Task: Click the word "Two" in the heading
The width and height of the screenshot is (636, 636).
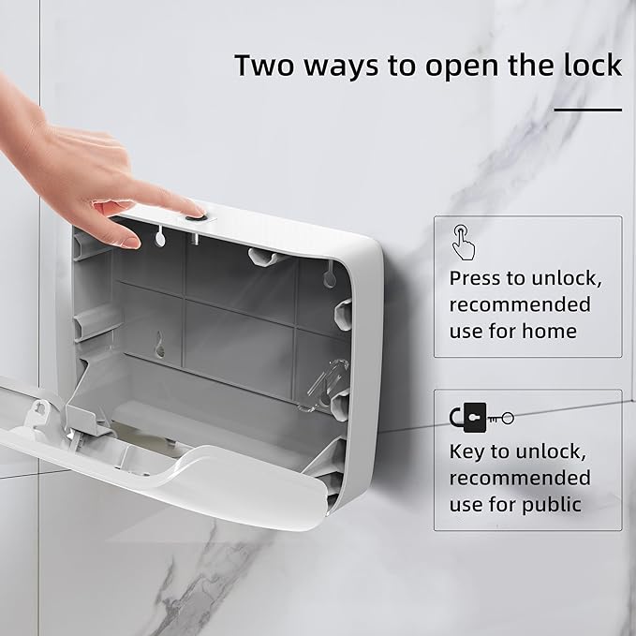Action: [264, 65]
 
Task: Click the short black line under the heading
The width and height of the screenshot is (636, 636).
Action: [587, 110]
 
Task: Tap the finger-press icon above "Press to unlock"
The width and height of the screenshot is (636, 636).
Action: [463, 243]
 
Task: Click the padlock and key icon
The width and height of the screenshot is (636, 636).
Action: [481, 418]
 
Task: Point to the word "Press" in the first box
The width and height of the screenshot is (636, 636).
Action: [475, 278]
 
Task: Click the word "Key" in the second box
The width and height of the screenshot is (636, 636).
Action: [466, 453]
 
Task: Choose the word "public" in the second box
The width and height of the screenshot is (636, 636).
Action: [552, 506]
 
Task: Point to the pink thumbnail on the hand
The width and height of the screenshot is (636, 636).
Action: [130, 243]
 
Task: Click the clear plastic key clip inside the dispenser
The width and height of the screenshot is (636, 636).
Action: [326, 384]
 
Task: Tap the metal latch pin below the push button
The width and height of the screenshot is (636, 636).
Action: [194, 239]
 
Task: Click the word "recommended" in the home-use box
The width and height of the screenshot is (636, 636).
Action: [520, 304]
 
